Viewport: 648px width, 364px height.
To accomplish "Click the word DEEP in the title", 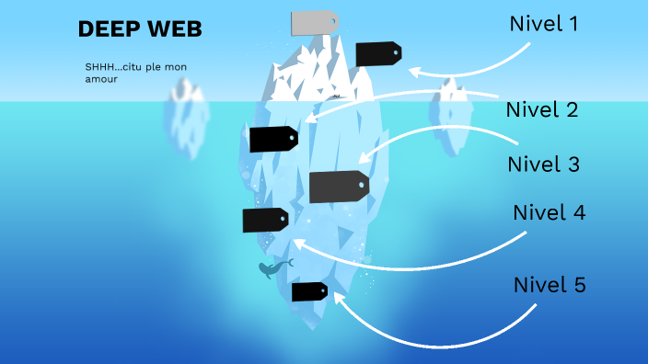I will point(105,29).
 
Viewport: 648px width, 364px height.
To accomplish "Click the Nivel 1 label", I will point(544,24).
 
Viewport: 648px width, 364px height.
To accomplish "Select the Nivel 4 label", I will point(549,212).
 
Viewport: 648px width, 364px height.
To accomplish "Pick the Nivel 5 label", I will point(549,285).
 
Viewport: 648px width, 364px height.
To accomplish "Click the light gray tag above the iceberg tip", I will point(314,23).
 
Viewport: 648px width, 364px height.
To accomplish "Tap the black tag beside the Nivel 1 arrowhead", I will point(378,54).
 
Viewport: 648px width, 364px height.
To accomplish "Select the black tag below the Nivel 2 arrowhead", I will point(273,139).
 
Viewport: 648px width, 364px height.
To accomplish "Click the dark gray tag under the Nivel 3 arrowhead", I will point(339,187).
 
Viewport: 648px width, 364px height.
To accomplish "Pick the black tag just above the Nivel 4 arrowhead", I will point(265,220).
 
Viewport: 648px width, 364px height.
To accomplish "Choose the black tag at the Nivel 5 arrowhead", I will point(309,291).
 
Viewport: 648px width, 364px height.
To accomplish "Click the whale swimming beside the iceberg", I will point(272,268).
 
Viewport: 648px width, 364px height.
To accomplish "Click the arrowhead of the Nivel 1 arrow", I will point(413,70).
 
